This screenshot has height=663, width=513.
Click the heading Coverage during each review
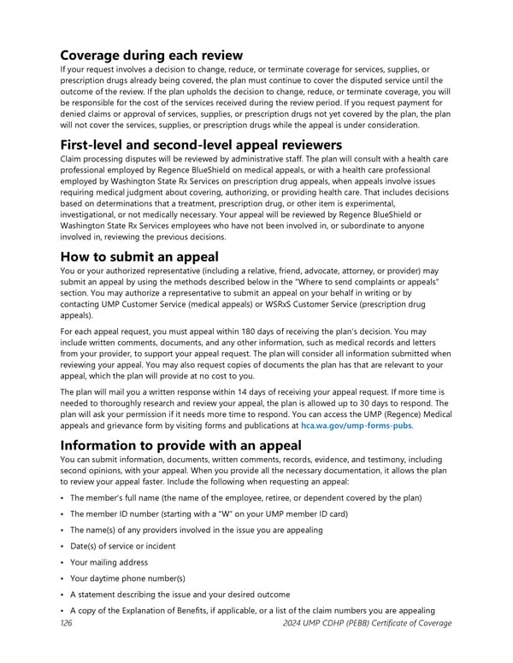pos(151,56)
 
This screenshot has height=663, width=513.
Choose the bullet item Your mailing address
pos(109,562)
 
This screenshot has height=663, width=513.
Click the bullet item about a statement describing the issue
pos(180,595)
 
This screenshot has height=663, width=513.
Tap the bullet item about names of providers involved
pos(196,530)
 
